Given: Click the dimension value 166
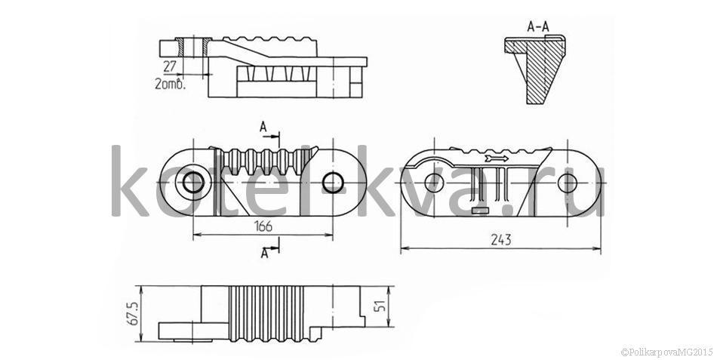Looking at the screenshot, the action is point(263,226).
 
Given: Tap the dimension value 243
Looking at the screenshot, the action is point(501,240).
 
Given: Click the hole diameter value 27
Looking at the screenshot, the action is point(169,66).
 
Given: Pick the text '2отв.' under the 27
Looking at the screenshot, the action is point(170,84).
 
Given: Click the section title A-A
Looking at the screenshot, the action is point(537,27).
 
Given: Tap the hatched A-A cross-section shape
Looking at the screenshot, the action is point(539,68).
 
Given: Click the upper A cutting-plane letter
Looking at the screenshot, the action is point(263,127).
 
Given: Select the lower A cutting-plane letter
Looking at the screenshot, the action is point(264,253).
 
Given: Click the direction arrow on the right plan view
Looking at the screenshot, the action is point(497,158).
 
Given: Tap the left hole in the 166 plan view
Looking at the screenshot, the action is point(193,183).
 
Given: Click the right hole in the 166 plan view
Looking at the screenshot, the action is point(332,183).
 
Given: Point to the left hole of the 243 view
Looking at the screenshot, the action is point(434,183).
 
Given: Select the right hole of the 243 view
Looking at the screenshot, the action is point(568,183).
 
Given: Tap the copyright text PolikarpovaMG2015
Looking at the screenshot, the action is point(666,352).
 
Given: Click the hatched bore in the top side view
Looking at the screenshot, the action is point(194,47).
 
